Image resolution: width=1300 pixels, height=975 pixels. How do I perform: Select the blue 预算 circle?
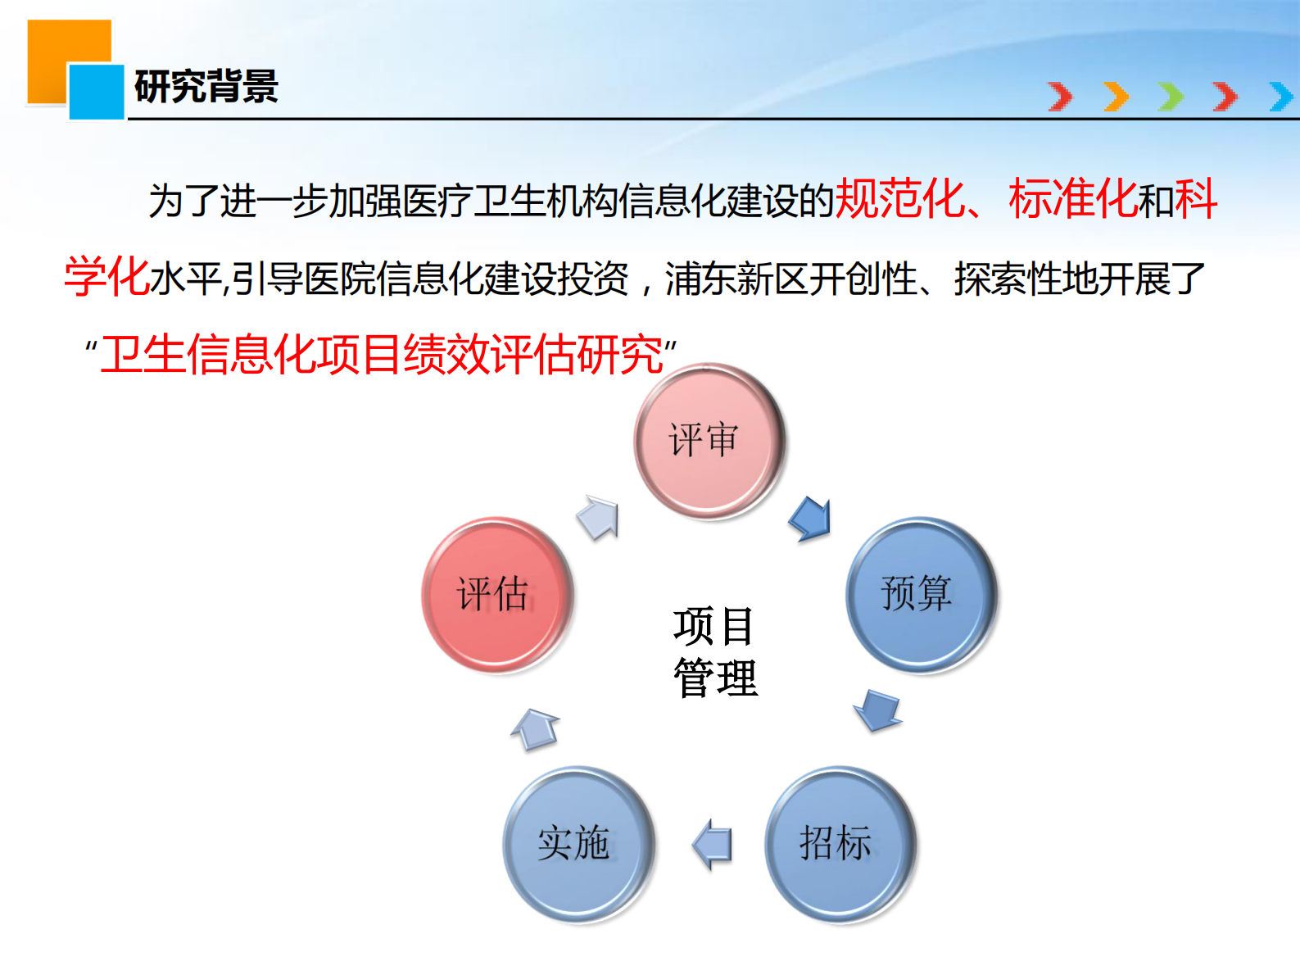[921, 594]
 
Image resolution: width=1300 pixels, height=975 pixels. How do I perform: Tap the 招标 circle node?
[840, 843]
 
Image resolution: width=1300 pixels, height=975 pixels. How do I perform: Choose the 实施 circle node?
[578, 843]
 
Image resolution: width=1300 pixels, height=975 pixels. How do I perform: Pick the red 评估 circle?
[496, 594]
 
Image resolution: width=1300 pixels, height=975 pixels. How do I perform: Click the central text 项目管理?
[715, 652]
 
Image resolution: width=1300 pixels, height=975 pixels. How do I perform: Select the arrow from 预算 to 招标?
[877, 710]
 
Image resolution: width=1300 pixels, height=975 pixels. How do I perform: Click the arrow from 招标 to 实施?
[712, 844]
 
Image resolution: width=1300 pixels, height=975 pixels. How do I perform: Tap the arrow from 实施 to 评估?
[536, 728]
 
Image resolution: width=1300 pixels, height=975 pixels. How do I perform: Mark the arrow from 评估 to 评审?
[599, 518]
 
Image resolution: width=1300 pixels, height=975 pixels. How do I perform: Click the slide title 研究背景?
[206, 87]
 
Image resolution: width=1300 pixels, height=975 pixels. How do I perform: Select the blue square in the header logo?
[97, 92]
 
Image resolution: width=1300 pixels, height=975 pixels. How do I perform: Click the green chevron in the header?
[1171, 97]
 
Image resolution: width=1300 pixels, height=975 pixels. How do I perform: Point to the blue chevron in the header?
[1281, 97]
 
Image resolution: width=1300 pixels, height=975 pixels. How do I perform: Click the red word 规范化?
[899, 199]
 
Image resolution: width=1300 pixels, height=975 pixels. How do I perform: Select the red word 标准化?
[1073, 199]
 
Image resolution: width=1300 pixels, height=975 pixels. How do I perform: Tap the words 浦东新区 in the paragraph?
[736, 279]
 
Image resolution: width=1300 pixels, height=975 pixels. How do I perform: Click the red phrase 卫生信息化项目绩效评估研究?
[381, 355]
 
